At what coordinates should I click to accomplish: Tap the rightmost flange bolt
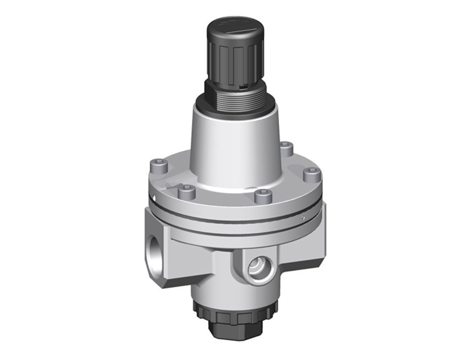(x=312, y=174)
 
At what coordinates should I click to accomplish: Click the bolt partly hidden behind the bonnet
(x=287, y=148)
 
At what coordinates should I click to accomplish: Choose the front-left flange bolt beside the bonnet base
(x=186, y=192)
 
